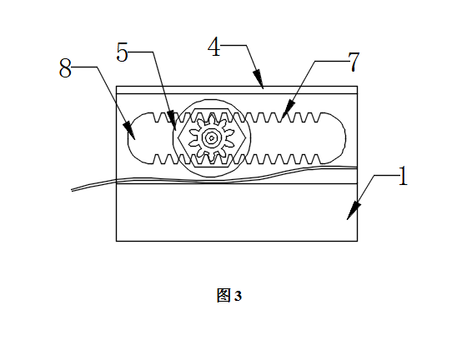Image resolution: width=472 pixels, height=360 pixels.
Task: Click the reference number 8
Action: click(65, 68)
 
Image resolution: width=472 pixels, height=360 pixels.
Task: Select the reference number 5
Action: click(123, 52)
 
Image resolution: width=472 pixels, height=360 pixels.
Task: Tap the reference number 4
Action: click(214, 47)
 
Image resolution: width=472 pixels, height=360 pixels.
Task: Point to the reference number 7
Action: click(354, 62)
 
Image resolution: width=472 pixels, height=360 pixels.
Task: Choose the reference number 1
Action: click(403, 176)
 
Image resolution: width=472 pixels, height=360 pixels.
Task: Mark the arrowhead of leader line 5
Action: click(172, 121)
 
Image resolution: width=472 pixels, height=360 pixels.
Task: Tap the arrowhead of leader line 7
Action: click(287, 110)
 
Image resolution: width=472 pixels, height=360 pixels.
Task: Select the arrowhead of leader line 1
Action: click(353, 211)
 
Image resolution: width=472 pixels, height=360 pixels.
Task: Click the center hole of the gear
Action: click(212, 138)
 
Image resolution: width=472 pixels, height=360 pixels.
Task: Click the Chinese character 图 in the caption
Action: click(223, 295)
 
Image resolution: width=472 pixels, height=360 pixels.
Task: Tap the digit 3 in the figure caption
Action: click(238, 296)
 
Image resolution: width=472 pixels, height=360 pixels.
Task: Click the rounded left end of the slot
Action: click(128, 138)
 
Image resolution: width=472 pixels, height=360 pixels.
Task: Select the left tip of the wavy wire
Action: click(72, 190)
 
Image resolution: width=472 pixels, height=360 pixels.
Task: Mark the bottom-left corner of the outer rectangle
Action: click(117, 241)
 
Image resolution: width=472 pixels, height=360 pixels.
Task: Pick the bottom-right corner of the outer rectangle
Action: click(357, 241)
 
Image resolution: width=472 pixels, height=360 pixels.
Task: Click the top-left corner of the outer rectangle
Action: click(117, 87)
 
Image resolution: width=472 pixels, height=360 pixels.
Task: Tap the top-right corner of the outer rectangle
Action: click(357, 87)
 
